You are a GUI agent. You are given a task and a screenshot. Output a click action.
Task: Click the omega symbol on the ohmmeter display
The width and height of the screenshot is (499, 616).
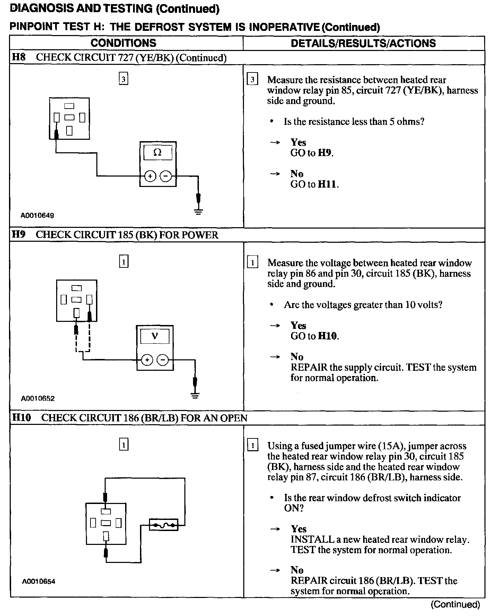point(157,152)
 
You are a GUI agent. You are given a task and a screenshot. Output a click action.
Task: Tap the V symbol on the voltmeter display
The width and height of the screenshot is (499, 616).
point(155,336)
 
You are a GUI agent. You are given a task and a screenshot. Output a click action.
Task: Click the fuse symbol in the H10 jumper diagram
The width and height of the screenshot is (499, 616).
point(164,524)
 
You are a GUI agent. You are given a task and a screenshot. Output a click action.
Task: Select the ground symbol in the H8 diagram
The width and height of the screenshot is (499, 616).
point(198,211)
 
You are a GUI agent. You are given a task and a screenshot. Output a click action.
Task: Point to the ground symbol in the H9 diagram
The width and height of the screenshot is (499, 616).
point(195,395)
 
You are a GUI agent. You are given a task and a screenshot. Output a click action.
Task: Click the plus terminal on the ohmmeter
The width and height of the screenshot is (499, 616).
point(150,176)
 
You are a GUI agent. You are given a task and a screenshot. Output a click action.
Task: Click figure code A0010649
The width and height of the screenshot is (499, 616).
point(37,215)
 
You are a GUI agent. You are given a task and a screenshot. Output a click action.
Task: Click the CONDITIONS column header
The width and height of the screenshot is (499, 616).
point(123,43)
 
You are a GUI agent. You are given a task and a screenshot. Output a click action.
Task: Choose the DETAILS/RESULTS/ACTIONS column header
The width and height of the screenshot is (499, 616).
point(363,43)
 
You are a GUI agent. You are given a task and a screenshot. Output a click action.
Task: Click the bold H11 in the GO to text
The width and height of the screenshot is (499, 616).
point(327,184)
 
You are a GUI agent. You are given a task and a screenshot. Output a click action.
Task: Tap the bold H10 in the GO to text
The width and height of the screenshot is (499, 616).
point(327,336)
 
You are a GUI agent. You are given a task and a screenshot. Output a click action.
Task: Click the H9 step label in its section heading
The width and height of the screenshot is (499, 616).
point(19,234)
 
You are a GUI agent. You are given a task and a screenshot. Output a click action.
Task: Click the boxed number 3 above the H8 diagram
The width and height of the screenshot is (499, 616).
point(123,79)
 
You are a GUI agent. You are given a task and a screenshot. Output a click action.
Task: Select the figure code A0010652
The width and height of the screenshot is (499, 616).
point(38,399)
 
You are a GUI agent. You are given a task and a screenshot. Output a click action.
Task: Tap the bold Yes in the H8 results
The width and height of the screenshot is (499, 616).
point(298,142)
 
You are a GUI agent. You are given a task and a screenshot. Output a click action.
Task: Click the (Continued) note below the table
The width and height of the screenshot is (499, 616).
point(455,605)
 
